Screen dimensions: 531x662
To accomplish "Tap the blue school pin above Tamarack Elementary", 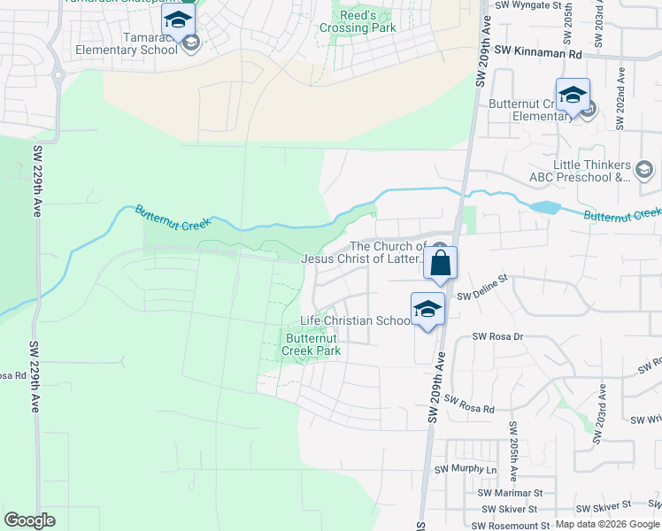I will [178, 20].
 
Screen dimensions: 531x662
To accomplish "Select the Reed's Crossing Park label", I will [368, 21].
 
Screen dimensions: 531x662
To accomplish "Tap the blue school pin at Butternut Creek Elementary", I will [573, 95].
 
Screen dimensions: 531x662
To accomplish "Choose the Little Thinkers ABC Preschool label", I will [581, 171].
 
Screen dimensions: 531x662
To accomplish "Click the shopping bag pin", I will [440, 263].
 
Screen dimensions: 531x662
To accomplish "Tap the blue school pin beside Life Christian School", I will [427, 309].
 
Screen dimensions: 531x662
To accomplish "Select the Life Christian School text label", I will [355, 320].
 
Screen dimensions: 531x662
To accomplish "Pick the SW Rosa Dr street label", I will [498, 336].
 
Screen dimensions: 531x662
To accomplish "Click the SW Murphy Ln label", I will [466, 469].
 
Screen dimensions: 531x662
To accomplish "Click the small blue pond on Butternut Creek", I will [546, 207].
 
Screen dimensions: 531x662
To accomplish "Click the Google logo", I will [30, 519].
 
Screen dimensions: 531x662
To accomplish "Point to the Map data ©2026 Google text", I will [607, 524].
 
